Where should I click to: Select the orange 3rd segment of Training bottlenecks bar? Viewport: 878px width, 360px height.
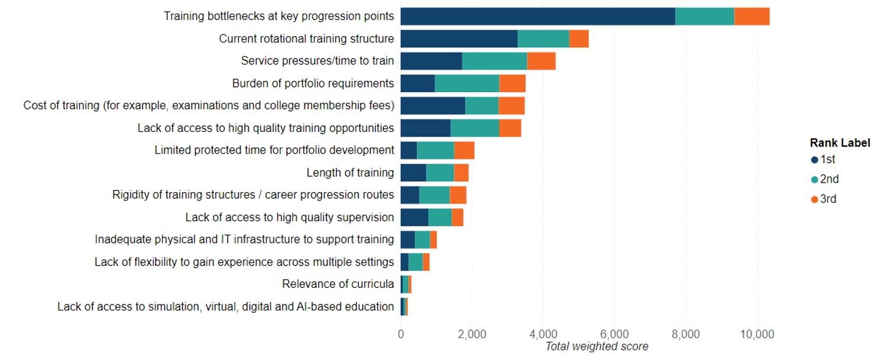751,17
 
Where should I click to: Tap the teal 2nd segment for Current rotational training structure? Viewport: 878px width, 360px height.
543,39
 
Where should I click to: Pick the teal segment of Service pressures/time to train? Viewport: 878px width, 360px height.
494,61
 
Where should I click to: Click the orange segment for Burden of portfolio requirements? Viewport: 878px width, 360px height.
512,83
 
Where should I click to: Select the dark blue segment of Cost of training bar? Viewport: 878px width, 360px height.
433,106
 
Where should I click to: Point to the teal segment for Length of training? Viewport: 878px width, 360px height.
440,173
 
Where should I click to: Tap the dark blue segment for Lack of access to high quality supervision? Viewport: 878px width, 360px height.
414,217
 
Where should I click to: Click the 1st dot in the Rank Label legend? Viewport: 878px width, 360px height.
815,160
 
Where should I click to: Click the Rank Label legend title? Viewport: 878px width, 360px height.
840,143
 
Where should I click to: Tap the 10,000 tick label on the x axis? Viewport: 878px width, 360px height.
757,334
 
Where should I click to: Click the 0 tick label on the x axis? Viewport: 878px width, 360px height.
401,334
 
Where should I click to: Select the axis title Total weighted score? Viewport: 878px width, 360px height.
596,346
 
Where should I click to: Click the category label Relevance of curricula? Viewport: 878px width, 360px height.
338,284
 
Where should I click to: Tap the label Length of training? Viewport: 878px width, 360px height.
350,173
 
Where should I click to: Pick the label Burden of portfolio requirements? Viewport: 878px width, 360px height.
313,83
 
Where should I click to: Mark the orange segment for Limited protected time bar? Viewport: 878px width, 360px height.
464,150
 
